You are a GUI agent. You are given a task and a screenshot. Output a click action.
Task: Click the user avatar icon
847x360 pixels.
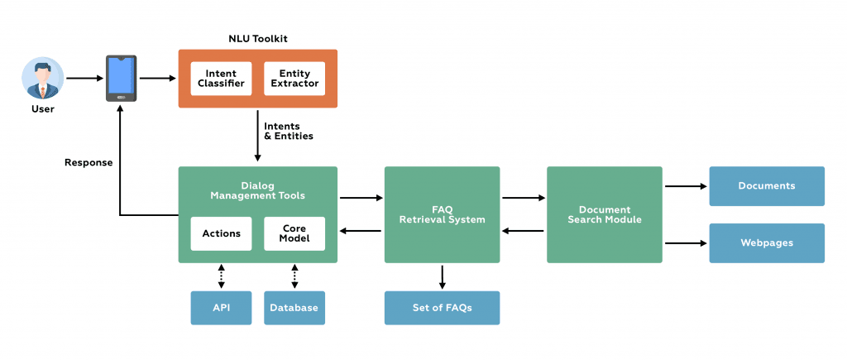[x=42, y=78]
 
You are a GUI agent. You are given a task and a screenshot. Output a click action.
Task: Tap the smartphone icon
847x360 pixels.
[x=121, y=79]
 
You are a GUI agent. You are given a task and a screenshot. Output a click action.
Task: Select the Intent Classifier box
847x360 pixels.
[x=221, y=79]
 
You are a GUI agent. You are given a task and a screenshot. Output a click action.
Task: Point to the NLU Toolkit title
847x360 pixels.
[x=258, y=39]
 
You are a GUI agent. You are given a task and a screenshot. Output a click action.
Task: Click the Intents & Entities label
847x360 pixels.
[x=288, y=131]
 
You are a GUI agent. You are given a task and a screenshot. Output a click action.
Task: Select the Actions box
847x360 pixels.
[x=221, y=233]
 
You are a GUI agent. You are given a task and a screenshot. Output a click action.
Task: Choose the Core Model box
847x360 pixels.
[x=294, y=233]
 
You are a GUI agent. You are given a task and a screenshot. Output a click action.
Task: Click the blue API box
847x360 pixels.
[x=221, y=308]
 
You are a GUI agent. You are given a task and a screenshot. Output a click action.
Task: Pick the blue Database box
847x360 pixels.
[x=294, y=308]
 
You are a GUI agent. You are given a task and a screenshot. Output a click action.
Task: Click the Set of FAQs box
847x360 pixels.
[x=442, y=308]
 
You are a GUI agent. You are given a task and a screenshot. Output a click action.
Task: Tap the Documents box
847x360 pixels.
[x=767, y=186]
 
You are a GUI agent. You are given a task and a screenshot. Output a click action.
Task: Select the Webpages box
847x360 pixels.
[x=767, y=243]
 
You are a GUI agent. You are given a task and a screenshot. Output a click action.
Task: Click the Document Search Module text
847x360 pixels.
[x=604, y=214]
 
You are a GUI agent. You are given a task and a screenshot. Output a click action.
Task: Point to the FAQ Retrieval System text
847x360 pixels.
[x=442, y=214]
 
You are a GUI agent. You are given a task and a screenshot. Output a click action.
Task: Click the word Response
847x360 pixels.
[x=89, y=162]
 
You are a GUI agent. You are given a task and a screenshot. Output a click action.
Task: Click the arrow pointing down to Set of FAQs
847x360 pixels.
[x=442, y=276]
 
